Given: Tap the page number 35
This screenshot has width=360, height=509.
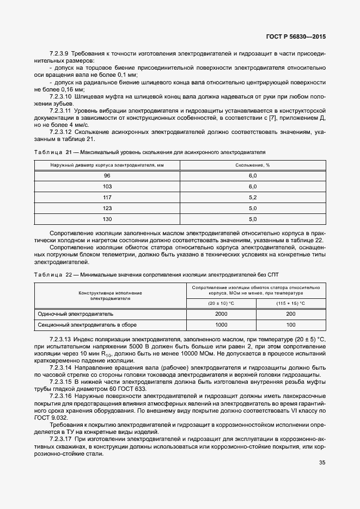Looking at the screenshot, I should pos(322,463).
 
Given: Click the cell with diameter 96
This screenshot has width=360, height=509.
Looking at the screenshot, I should pos(107,175).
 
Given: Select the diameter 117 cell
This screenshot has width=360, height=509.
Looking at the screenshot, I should pos(107,197).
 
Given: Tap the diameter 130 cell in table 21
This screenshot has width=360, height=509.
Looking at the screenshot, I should pos(107,219).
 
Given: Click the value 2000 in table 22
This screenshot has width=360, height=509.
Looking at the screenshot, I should pos(221,314).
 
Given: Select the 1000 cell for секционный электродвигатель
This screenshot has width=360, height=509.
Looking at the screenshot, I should pos(221,324).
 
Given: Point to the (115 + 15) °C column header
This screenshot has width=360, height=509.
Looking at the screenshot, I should pos(291,303).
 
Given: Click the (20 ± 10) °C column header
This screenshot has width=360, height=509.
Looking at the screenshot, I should pos(221,303).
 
